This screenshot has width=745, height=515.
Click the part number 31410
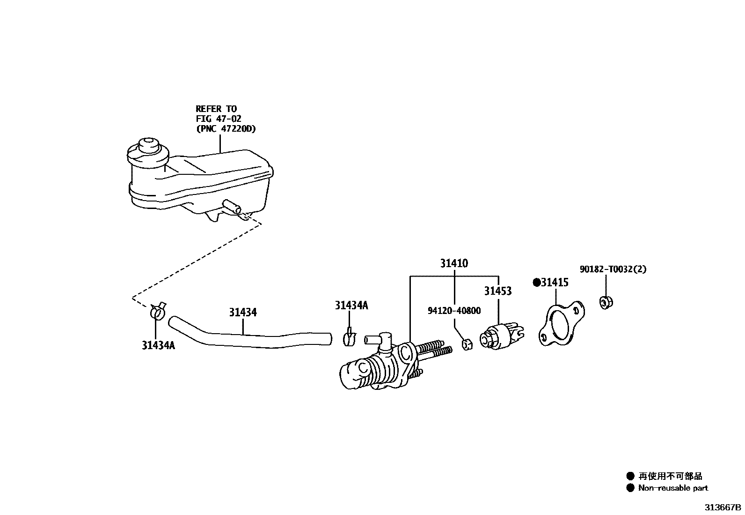(x=453, y=264)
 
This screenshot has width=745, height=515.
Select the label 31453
(x=497, y=291)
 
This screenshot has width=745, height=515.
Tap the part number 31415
(x=555, y=283)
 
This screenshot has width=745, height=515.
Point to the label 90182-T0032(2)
(x=613, y=269)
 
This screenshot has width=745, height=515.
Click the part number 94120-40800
(x=454, y=311)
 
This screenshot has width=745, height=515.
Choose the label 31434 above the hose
(x=243, y=312)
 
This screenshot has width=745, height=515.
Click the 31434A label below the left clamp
(x=158, y=345)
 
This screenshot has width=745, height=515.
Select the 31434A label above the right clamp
(x=351, y=306)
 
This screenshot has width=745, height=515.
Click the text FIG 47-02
(x=219, y=119)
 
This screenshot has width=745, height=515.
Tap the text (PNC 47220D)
(x=226, y=129)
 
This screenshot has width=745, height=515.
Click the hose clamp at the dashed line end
(x=158, y=311)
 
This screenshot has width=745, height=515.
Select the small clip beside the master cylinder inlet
(x=350, y=337)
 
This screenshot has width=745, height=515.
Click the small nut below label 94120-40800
(x=466, y=345)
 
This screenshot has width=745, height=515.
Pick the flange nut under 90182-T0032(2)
(x=606, y=302)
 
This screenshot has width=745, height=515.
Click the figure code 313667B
(x=723, y=508)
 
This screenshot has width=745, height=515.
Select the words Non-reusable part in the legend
(x=673, y=488)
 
